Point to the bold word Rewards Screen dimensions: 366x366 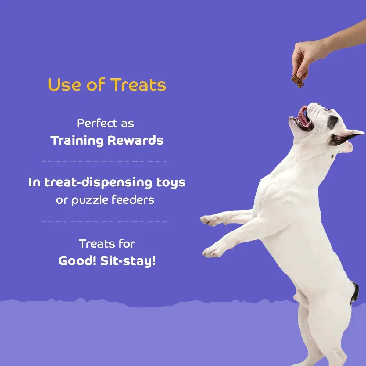pos(135,141)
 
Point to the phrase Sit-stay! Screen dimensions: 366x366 pos(128,261)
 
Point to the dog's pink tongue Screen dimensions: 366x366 pos(303,115)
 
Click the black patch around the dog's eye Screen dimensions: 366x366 pos(332,121)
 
